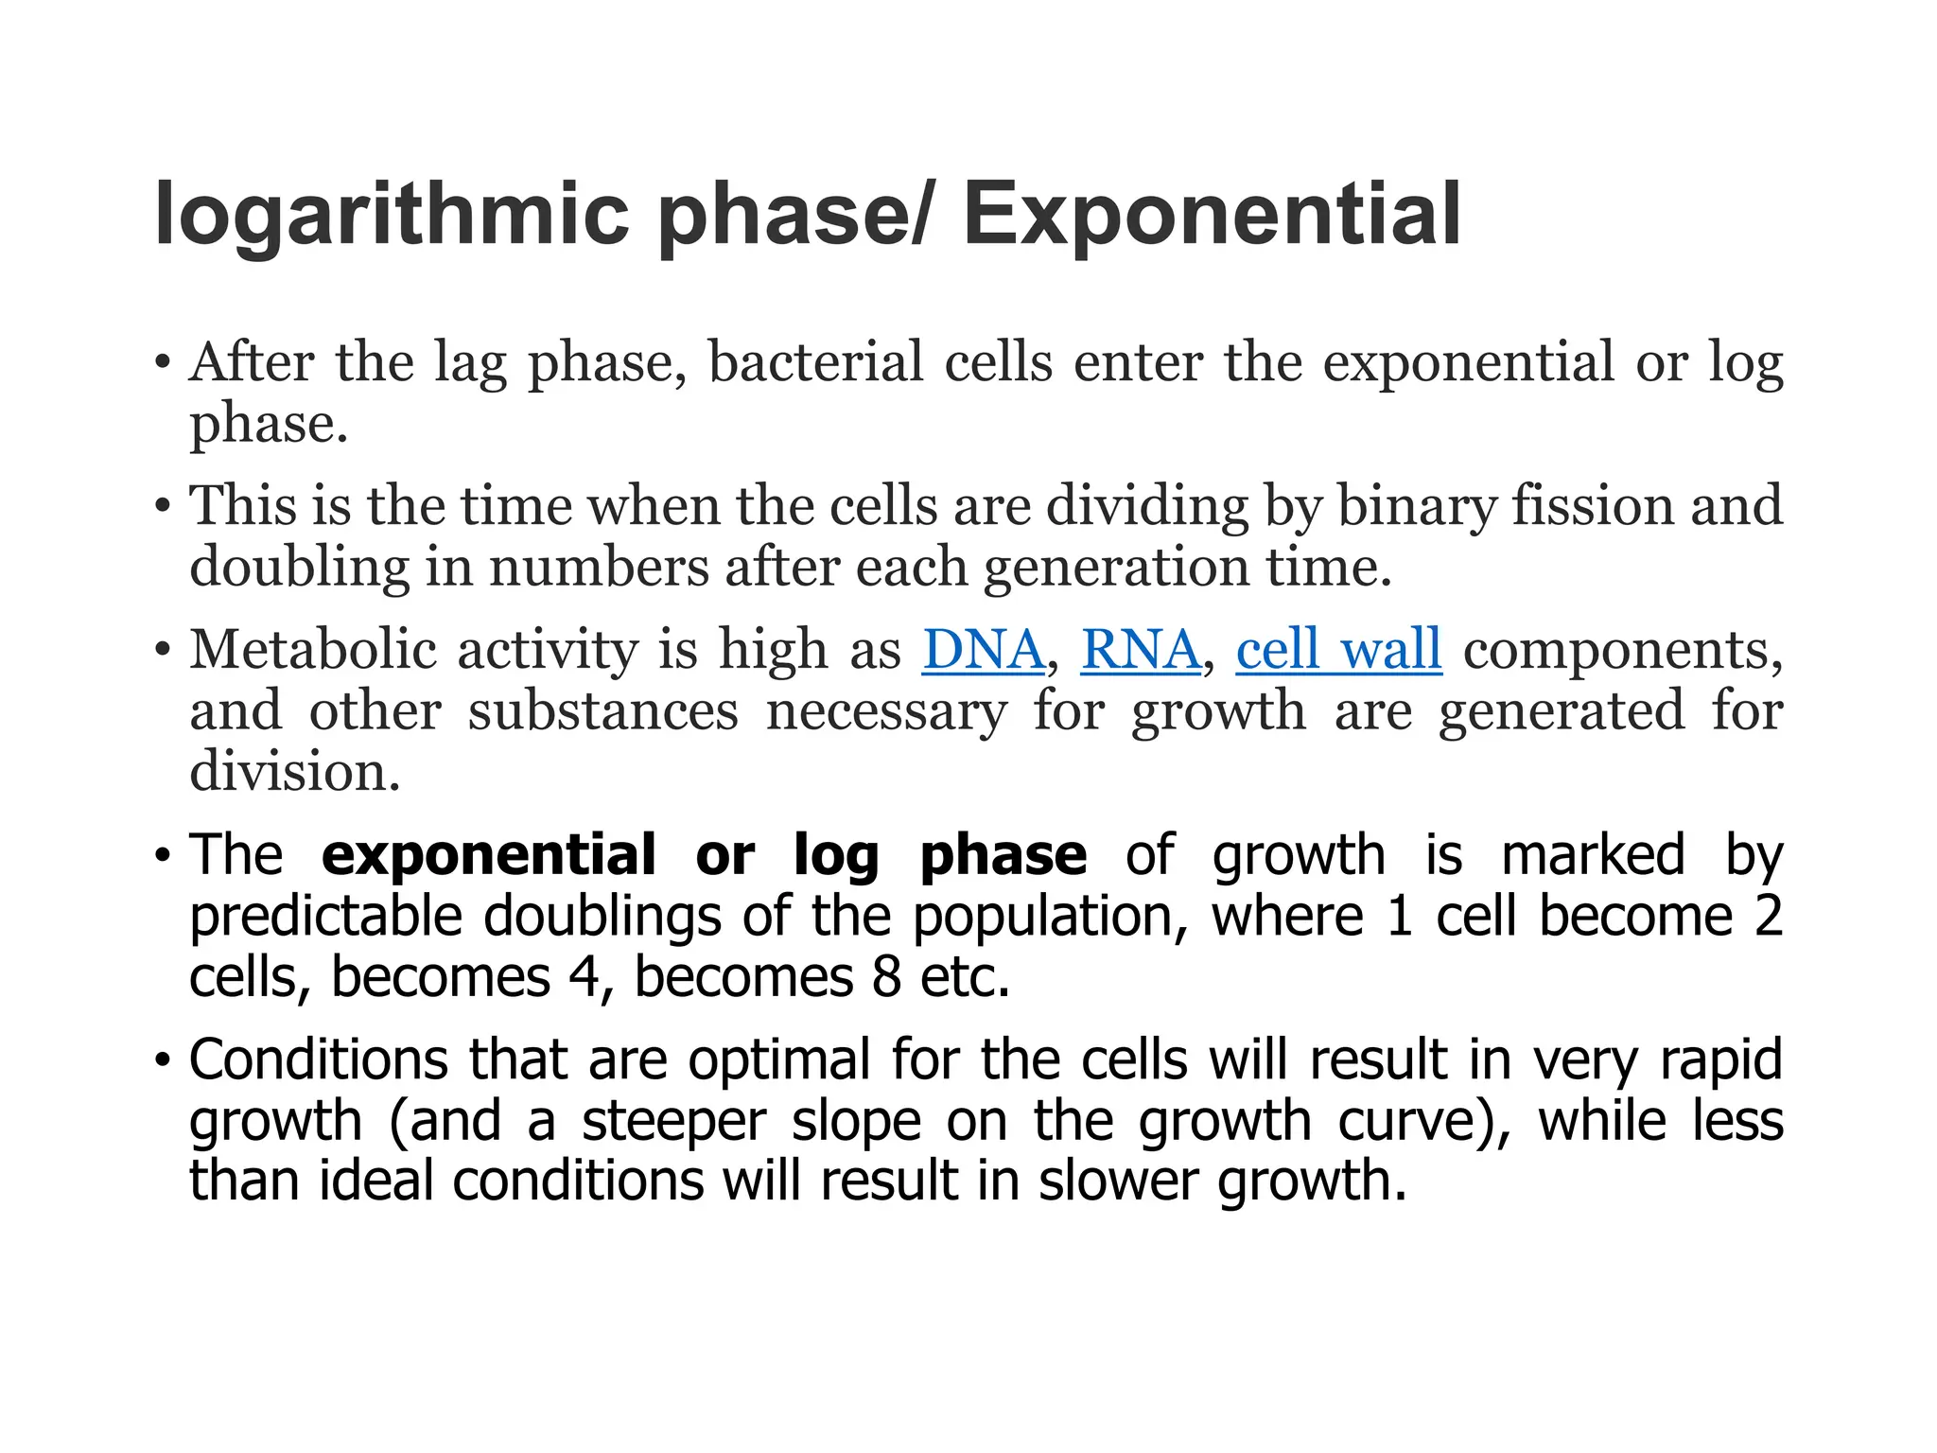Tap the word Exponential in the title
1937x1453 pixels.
pyautogui.click(x=1212, y=216)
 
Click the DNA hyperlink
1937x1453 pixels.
pyautogui.click(x=984, y=650)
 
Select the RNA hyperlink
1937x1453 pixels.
pyautogui.click(x=1141, y=650)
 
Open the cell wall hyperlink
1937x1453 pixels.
pyautogui.click(x=1338, y=650)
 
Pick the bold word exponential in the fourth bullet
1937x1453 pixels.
pyautogui.click(x=488, y=855)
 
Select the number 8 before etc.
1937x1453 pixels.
pyautogui.click(x=886, y=977)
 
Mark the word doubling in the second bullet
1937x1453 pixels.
pyautogui.click(x=299, y=568)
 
